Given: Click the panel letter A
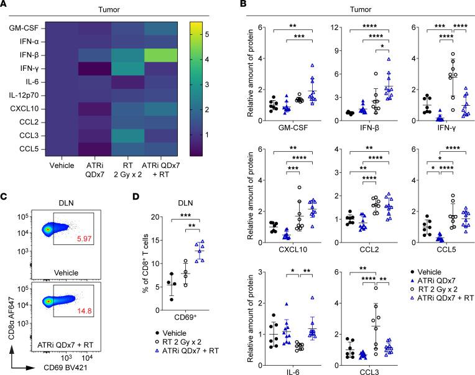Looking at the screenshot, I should tap(4, 5).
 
